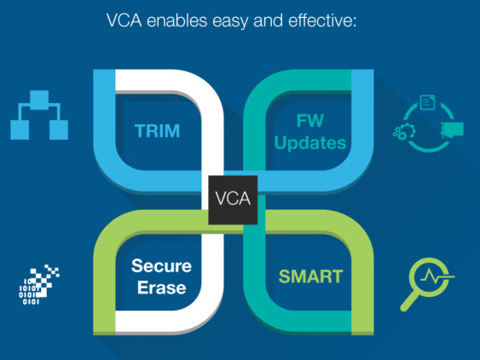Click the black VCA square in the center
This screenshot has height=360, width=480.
coord(233,200)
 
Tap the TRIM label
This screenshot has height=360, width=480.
coord(158,131)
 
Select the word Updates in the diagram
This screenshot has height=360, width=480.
coord(310,143)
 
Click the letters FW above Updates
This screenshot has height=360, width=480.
coord(309,121)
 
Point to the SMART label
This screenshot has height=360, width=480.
coord(310,276)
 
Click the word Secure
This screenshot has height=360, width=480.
coord(161,266)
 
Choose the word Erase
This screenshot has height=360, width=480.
coord(162,287)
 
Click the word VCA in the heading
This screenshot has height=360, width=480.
coord(124,20)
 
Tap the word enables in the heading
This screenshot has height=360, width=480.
coord(177,20)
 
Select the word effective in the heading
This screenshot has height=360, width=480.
coord(322,20)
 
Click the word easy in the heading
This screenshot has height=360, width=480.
coord(230,21)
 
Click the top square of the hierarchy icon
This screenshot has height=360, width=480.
coord(39,100)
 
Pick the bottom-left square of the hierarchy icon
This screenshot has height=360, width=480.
coord(20,130)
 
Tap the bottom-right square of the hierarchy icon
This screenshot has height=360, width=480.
coord(59,130)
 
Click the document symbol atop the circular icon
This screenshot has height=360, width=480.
coord(428,102)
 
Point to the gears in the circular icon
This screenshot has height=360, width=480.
coord(404,131)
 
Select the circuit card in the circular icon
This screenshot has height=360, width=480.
coord(452,130)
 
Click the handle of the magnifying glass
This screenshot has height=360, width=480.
coord(409,301)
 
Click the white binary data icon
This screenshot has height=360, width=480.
coord(39,285)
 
